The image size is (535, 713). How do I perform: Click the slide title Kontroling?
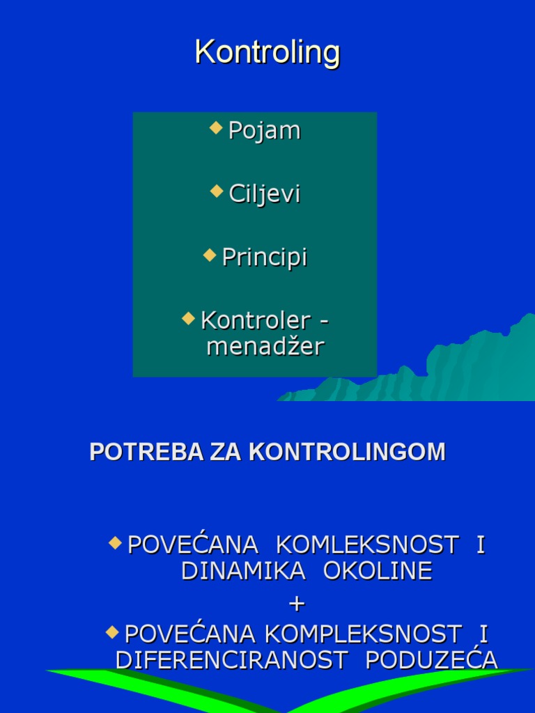click(267, 52)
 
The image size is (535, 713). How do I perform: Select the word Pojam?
click(265, 131)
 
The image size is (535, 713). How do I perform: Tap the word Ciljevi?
click(265, 194)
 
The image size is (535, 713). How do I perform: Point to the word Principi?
click(265, 258)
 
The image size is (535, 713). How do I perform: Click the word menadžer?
click(265, 346)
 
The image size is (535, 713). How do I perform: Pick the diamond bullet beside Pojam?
click(217, 127)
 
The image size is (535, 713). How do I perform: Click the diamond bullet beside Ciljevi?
click(217, 191)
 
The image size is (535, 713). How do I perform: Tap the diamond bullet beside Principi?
click(210, 254)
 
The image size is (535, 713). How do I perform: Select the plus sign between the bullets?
click(297, 603)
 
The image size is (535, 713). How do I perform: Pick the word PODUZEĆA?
click(432, 659)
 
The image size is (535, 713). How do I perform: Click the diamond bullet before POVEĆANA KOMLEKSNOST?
click(116, 541)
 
